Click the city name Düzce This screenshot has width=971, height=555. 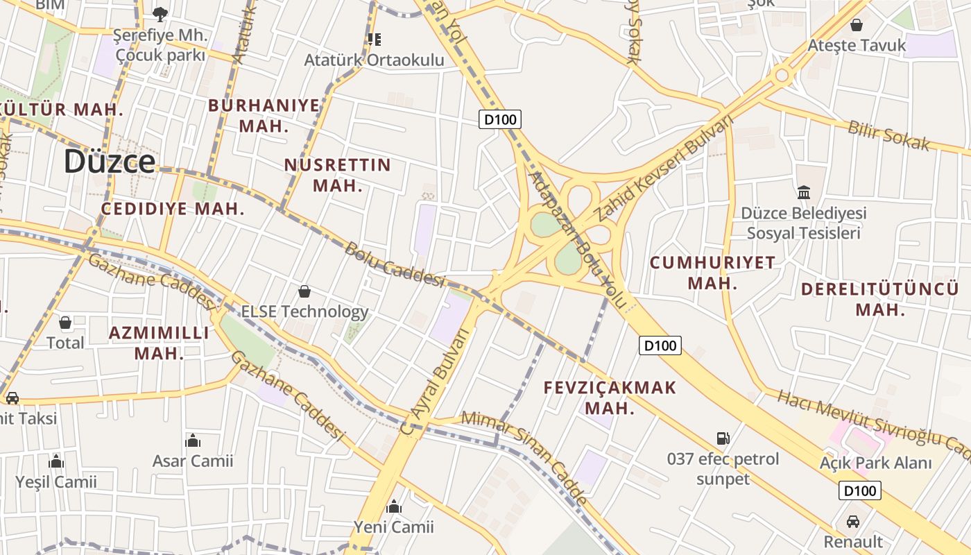coord(110,162)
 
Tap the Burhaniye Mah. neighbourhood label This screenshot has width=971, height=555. coord(264,116)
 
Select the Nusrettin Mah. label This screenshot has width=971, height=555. coord(338,175)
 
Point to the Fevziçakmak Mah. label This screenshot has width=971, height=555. coord(610,398)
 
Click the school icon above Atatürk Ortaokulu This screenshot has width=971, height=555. coord(375,40)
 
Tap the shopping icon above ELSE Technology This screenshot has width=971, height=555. coord(304,291)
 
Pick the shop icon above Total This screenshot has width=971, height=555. coord(65,323)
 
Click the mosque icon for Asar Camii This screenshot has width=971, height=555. coord(193,441)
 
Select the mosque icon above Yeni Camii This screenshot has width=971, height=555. coord(394,507)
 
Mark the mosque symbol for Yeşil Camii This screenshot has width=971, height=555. coord(56,461)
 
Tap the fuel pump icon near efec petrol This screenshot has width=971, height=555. coord(723,438)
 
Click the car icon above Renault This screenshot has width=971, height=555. coord(853,521)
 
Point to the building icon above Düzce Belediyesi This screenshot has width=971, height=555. coord(804,192)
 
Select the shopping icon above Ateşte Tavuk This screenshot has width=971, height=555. coord(857,25)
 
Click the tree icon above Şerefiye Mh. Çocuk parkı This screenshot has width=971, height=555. coord(160,13)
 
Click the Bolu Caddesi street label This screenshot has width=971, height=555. coord(393,264)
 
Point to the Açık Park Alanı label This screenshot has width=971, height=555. coord(875,463)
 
